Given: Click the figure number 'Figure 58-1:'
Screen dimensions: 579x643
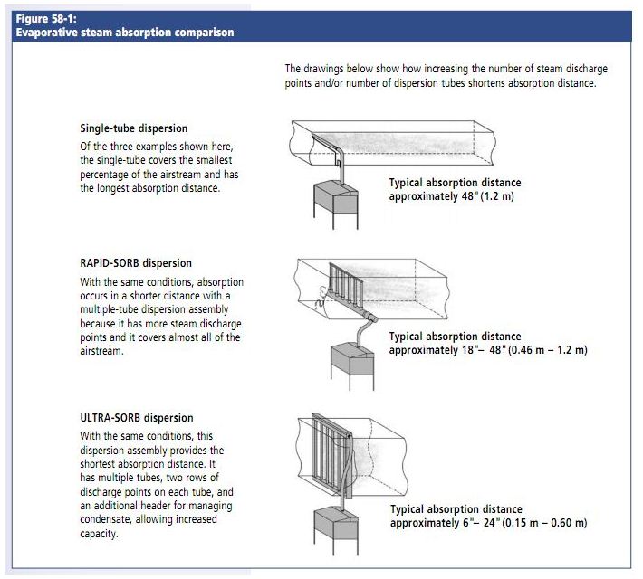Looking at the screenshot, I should pyautogui.click(x=45, y=19).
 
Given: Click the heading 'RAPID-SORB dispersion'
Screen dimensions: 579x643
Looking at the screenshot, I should pyautogui.click(x=136, y=263).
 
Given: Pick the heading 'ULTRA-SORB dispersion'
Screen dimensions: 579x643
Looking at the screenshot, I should pyautogui.click(x=136, y=418).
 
